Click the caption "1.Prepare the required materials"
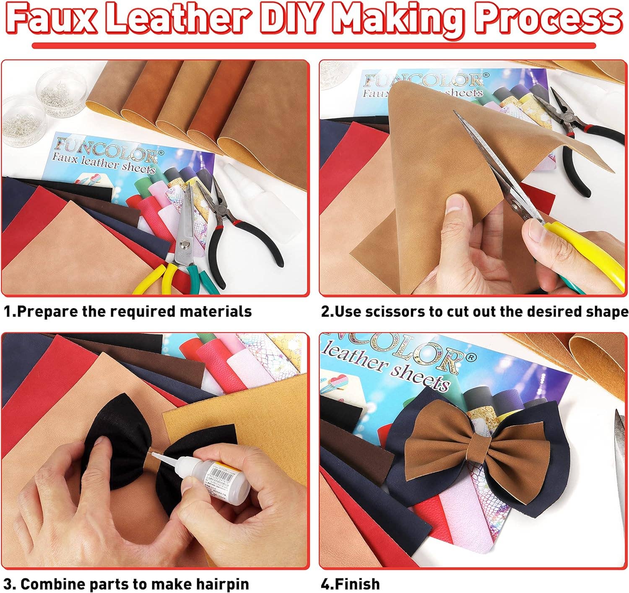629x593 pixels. (x=128, y=312)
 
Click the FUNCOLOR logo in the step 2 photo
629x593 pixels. (x=424, y=80)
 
